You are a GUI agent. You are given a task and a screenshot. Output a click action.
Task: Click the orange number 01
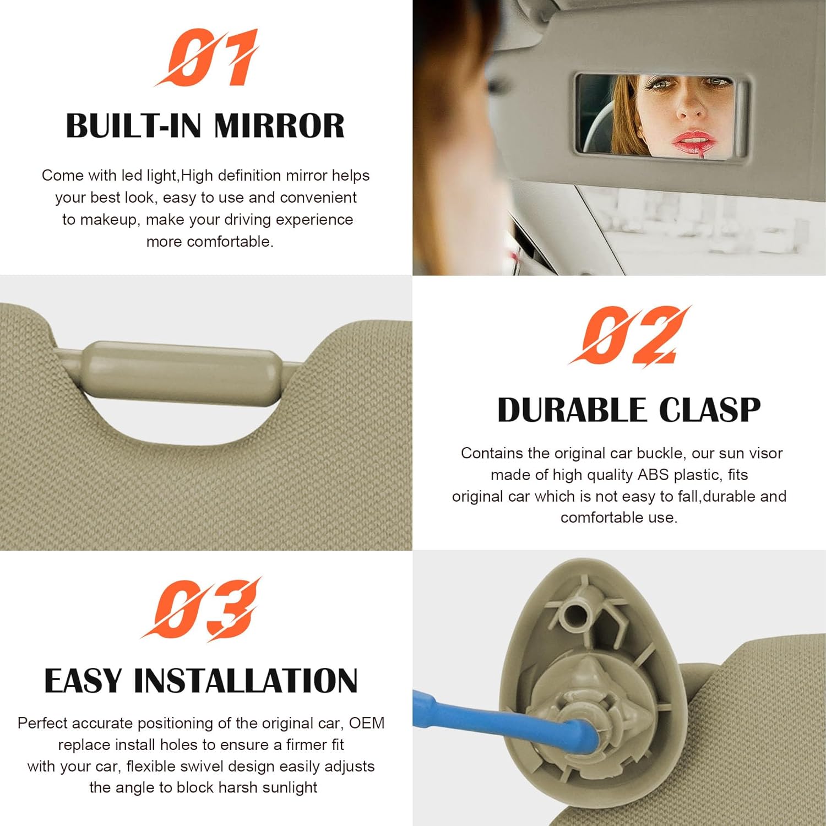207,57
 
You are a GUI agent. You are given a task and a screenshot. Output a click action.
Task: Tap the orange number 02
629,335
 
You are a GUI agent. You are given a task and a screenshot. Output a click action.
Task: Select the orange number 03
202,609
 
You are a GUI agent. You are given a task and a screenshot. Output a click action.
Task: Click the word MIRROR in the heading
279,126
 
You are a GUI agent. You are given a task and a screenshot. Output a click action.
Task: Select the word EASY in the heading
83,681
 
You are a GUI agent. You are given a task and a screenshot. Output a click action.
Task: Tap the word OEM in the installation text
367,723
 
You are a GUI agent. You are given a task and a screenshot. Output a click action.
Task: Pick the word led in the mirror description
132,176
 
